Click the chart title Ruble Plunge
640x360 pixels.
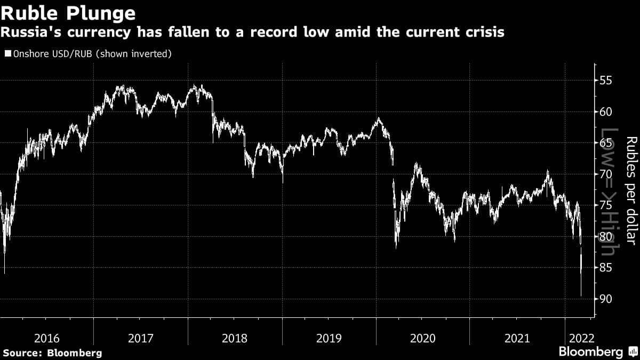(x=68, y=12)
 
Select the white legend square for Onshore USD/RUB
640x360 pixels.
(x=7, y=54)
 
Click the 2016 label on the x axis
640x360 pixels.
(x=46, y=338)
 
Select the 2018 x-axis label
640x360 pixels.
(x=235, y=338)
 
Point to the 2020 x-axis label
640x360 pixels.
(x=423, y=338)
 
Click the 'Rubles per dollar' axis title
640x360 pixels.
(x=631, y=189)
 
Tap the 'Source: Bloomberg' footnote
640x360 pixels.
(x=52, y=353)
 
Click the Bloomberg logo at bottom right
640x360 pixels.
(x=597, y=351)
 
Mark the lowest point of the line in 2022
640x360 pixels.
(x=581, y=295)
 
